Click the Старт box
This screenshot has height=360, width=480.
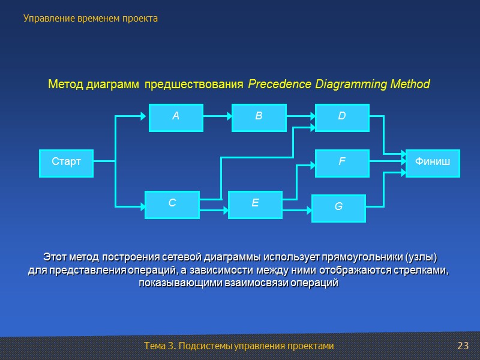(66, 163)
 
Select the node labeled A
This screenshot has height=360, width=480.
(176, 118)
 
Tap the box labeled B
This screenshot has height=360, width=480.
(259, 118)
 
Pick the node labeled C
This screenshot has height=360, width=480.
(172, 205)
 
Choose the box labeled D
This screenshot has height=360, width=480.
(342, 118)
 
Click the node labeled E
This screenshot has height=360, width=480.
(255, 205)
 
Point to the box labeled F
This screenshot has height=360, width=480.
(342, 163)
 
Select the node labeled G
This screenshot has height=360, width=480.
(338, 208)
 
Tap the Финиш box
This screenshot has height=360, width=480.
(433, 163)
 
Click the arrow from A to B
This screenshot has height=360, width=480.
(217, 116)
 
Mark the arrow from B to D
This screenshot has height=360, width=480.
(300, 116)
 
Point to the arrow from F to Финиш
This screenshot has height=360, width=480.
(387, 161)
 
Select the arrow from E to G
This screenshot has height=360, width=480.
(297, 210)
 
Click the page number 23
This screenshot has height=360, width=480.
(462, 346)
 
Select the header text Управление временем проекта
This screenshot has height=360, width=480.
(91, 19)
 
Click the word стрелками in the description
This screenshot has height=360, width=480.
(423, 270)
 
